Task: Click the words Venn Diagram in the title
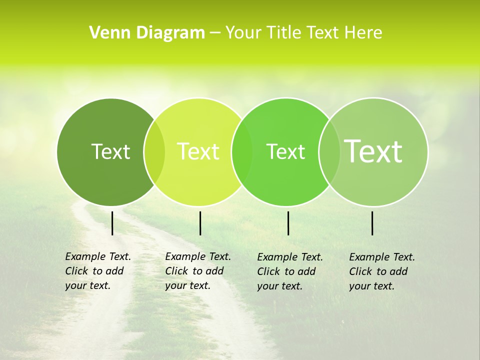147,33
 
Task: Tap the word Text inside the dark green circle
110,151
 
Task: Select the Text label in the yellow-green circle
198,151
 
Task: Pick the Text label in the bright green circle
285,151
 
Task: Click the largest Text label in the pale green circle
373,151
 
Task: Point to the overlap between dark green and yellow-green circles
154,151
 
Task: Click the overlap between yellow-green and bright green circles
242,151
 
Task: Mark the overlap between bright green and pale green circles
329,151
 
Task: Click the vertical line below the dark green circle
112,223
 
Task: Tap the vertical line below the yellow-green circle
200,223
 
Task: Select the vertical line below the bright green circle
288,223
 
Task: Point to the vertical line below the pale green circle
372,223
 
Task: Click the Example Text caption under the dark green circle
97,271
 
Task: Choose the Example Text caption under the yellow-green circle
197,271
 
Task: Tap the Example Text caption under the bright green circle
289,271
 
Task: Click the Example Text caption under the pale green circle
381,271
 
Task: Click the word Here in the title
363,33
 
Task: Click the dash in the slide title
215,33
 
